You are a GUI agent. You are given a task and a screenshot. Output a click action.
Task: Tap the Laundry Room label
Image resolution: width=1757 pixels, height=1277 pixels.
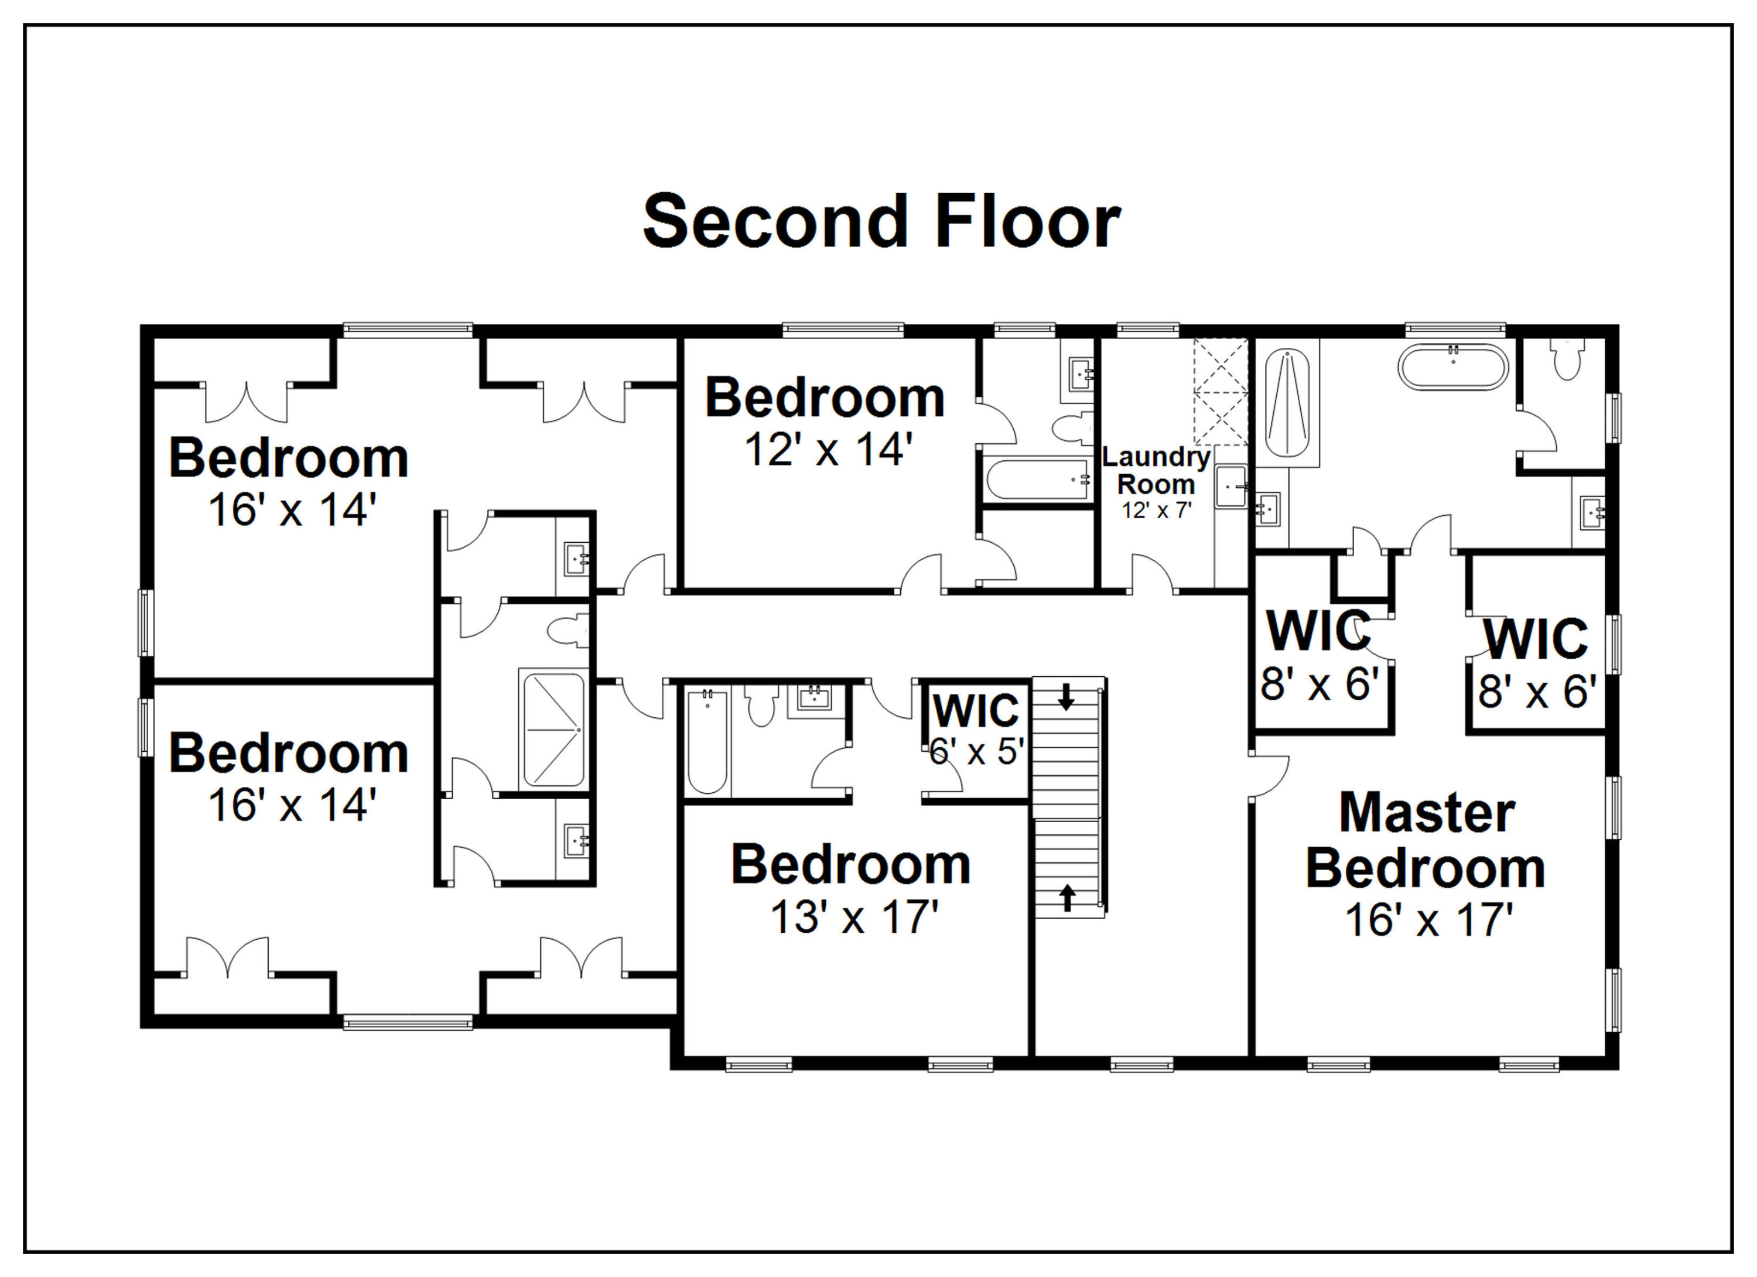click(1156, 471)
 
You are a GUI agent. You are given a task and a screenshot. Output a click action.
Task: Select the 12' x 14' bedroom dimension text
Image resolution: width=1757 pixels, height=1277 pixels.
click(828, 449)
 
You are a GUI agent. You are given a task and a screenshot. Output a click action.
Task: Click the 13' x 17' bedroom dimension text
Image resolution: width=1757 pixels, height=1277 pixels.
click(854, 917)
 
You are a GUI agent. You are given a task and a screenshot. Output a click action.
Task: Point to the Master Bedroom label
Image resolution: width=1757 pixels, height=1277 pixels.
click(1426, 840)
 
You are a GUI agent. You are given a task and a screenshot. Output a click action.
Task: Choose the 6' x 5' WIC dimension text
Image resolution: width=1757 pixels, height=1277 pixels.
click(977, 751)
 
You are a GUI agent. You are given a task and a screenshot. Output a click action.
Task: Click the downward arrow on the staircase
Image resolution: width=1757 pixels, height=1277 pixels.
click(1066, 696)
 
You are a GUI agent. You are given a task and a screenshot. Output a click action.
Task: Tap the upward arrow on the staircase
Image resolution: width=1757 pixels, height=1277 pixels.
click(1068, 898)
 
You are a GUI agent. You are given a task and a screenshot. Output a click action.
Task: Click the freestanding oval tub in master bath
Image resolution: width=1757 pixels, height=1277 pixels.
click(1452, 368)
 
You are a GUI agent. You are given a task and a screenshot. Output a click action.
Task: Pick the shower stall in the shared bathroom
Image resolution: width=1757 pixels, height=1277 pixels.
click(553, 730)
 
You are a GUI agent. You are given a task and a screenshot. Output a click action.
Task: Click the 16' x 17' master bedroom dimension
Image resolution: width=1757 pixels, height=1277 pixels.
click(1429, 920)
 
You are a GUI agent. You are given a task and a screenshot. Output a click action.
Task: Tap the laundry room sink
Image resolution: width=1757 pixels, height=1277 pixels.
click(1231, 487)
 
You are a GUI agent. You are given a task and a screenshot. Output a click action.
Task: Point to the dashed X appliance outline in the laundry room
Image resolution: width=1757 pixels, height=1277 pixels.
click(1221, 391)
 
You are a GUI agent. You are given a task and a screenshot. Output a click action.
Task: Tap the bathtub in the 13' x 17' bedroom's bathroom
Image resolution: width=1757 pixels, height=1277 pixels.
click(707, 742)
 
